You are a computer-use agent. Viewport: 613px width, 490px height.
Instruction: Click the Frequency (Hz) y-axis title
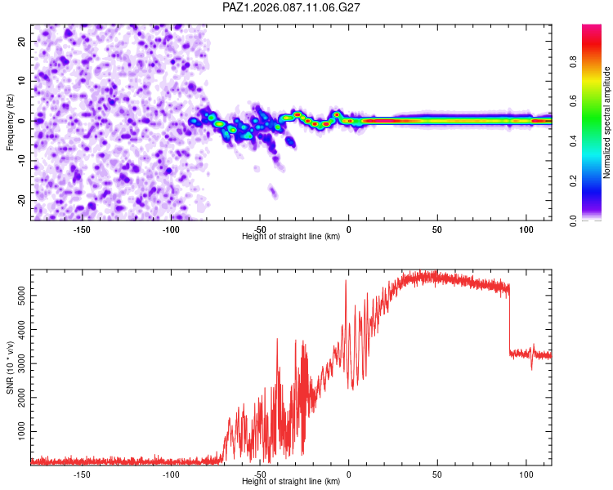point(10,122)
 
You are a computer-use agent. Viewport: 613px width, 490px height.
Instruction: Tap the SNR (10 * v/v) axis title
point(10,367)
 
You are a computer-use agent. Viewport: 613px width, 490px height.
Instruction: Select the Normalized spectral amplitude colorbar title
point(606,122)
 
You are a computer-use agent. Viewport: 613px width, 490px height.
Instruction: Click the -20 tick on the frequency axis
point(20,200)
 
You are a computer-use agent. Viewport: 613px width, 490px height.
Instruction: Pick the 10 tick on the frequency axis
point(21,81)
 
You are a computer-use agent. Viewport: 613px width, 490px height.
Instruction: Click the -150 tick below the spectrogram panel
point(82,229)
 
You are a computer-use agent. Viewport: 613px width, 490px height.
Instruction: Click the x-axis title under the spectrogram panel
point(291,237)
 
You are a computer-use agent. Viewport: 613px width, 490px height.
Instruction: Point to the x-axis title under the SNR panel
point(291,482)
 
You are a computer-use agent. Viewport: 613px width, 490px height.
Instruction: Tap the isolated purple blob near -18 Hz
point(273,193)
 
